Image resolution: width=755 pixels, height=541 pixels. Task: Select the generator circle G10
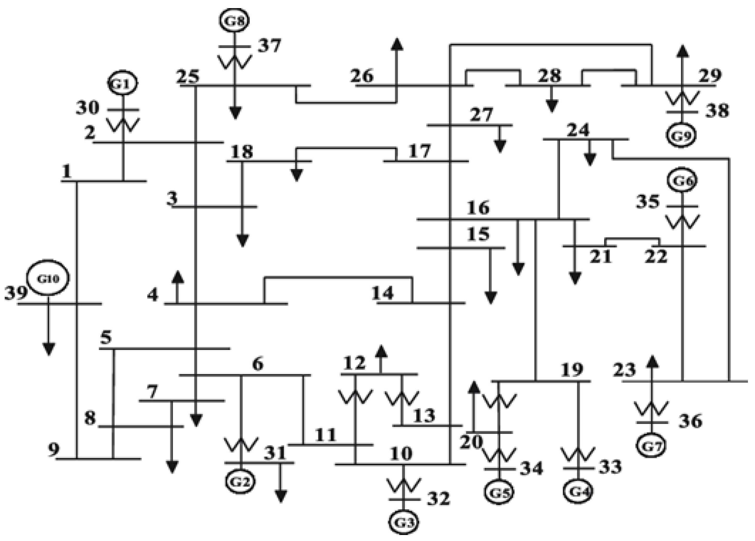point(48,278)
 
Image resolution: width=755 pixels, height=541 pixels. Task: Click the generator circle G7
point(651,446)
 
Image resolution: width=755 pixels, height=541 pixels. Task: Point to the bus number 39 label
point(16,293)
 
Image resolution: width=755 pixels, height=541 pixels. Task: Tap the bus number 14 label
point(383,293)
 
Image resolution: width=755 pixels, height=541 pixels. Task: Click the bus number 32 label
point(438,498)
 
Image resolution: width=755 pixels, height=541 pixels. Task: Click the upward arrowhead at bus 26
point(396,44)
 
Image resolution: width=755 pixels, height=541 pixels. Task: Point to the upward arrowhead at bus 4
point(177,277)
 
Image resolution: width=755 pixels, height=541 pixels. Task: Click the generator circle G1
point(122,84)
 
